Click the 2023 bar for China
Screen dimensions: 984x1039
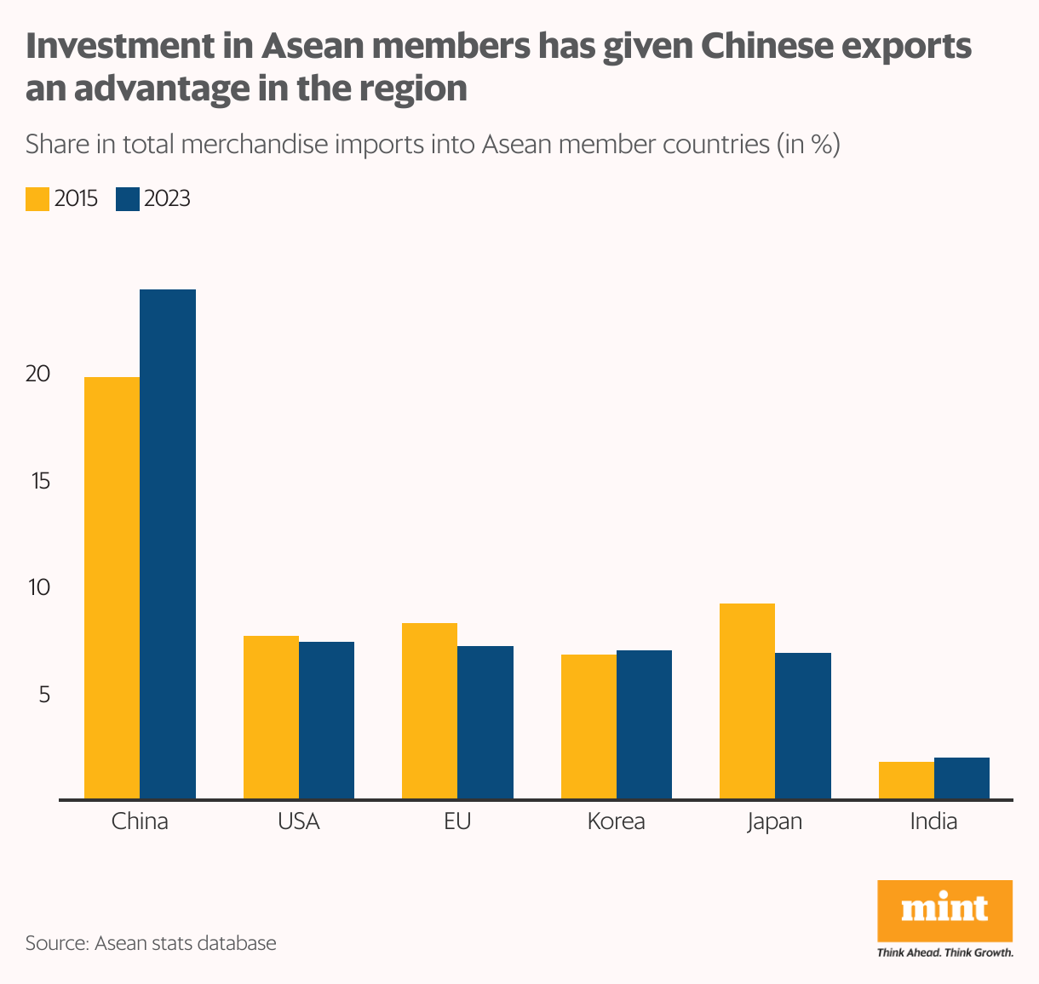168,544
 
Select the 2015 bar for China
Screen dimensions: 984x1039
112,587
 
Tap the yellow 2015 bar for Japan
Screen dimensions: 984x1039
747,701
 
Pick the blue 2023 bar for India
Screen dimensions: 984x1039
962,778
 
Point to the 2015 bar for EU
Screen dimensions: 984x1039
429,711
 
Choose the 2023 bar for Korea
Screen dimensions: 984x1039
644,724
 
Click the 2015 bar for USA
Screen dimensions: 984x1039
271,717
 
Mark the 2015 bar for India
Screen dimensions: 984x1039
906,780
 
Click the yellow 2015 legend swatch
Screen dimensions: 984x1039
37,198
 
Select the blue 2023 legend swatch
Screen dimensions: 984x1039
127,198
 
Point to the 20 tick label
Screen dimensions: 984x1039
38,374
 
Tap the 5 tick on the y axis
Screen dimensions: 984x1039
42,695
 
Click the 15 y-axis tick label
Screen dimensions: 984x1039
38,481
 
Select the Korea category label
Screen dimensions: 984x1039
616,821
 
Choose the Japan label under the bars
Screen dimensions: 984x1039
774,822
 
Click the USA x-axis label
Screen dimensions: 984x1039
298,821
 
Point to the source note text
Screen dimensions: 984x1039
151,943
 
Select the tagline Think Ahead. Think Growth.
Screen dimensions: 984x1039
944,953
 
